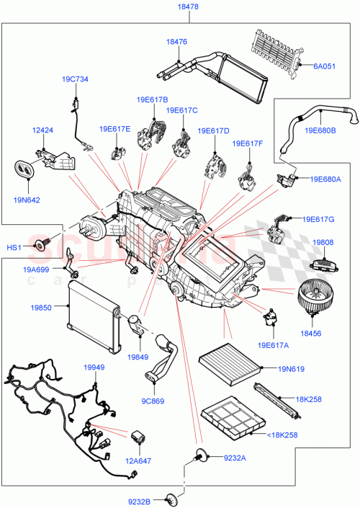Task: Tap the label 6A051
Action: coord(324,66)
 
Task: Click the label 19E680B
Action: coord(320,130)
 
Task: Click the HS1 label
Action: coord(14,247)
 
